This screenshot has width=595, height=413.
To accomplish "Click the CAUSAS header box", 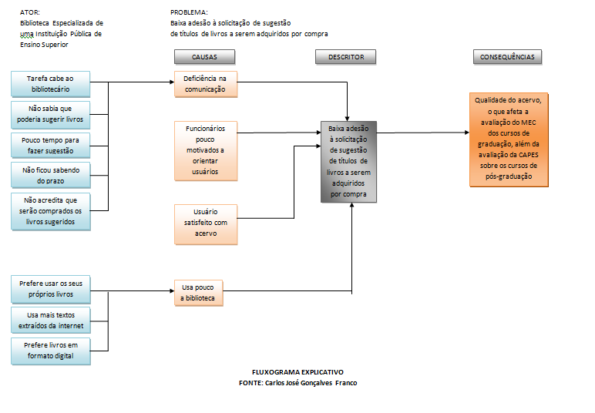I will (x=204, y=57).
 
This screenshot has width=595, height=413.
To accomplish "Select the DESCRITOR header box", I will (x=345, y=57).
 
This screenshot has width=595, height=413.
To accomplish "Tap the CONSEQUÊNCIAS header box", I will (x=507, y=57).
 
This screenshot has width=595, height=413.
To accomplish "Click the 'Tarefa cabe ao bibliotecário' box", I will (x=50, y=83).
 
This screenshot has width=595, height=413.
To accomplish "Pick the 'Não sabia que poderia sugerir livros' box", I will (x=50, y=115).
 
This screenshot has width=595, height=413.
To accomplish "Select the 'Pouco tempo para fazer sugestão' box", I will (x=50, y=146).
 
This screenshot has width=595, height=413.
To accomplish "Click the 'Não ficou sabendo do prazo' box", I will (x=50, y=175).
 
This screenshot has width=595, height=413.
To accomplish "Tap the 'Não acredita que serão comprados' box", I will (x=50, y=211).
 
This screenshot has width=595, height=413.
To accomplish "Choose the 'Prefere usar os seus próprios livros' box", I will (x=50, y=289).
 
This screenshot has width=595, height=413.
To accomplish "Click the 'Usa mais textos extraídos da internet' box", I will (x=50, y=320).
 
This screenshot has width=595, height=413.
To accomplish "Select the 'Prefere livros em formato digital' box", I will (x=50, y=351).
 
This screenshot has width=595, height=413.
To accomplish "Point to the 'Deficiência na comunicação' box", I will (x=205, y=84).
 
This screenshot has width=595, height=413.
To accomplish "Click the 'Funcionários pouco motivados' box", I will (x=205, y=150).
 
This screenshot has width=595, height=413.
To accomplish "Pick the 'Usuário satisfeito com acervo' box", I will (x=205, y=223).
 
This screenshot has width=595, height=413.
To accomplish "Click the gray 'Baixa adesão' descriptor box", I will (x=348, y=162).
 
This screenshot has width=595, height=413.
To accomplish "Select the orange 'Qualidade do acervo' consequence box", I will (x=510, y=140).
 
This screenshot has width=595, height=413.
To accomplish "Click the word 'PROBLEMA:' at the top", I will (x=189, y=13).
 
